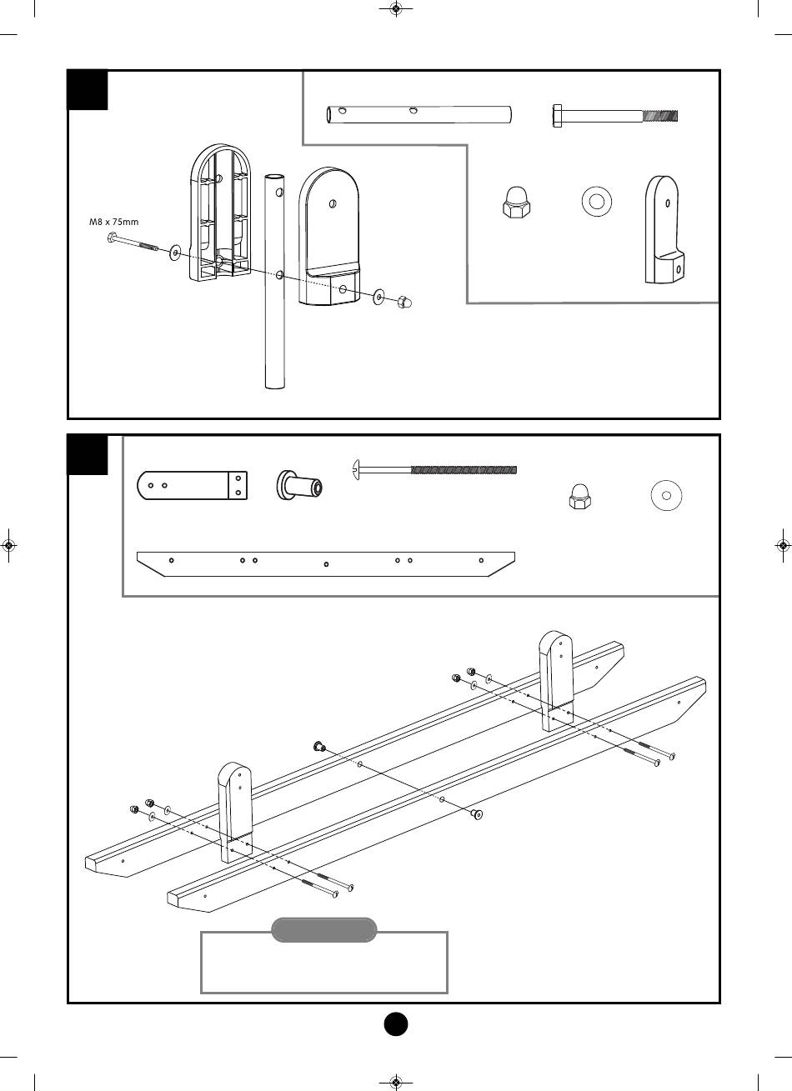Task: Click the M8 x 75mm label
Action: click(x=114, y=223)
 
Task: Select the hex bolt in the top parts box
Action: click(x=615, y=116)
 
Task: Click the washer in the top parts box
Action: click(x=596, y=200)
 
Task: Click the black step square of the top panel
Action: click(x=88, y=90)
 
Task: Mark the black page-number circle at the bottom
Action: click(x=396, y=1023)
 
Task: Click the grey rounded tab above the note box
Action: click(x=324, y=930)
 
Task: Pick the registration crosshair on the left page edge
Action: click(x=8, y=546)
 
